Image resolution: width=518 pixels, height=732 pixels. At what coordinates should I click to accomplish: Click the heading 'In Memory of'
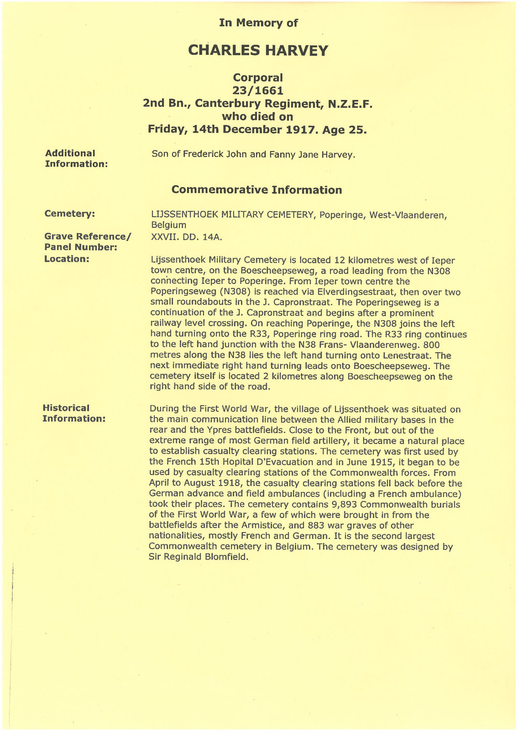(258, 22)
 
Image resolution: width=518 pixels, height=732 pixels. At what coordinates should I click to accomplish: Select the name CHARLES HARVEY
(258, 50)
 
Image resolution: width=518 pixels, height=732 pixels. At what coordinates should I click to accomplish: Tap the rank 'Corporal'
(258, 78)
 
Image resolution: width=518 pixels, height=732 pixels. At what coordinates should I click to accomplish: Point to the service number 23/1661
(258, 91)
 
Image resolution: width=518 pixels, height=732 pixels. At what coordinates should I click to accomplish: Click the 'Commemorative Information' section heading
(256, 190)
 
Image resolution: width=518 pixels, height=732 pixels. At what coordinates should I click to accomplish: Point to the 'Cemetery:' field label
(69, 213)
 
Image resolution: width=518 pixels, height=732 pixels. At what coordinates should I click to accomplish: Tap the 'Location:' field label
(67, 259)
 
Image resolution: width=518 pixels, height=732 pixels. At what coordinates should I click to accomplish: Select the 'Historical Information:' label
(74, 413)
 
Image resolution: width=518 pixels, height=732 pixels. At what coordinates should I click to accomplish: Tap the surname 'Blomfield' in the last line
(226, 557)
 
